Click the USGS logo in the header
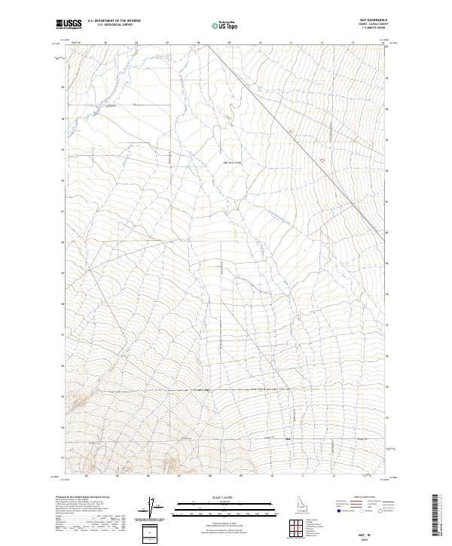pos(69,24)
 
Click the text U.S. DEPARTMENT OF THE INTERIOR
pos(114,22)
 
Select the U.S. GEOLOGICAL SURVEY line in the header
pos(114,26)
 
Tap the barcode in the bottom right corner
pos(438,520)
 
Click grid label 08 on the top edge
pos(198,43)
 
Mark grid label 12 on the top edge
pos(322,43)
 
